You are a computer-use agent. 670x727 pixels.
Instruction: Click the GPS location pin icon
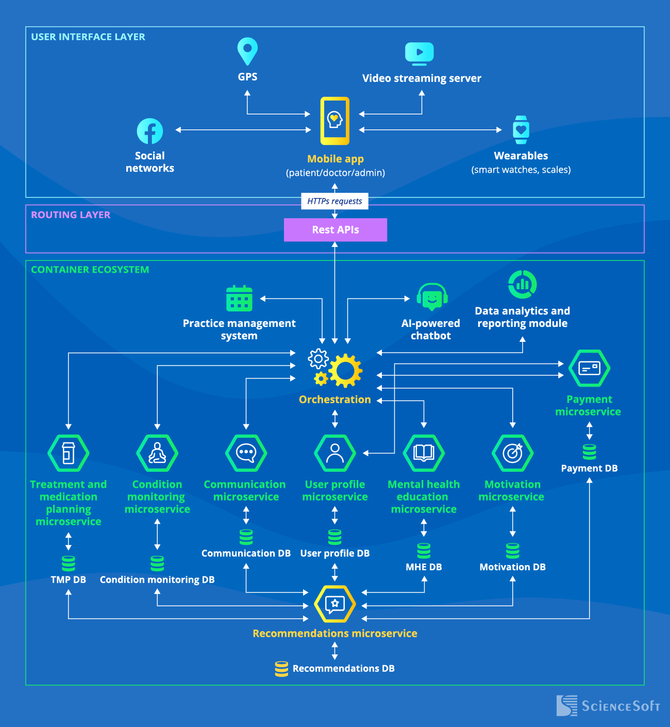click(247, 51)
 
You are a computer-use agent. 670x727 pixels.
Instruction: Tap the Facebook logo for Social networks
click(150, 131)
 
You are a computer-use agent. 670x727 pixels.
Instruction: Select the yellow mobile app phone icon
click(335, 121)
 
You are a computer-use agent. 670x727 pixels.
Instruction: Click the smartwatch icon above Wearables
click(521, 130)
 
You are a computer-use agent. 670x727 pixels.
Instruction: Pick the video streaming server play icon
click(419, 53)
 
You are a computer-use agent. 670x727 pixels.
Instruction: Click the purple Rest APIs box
click(335, 230)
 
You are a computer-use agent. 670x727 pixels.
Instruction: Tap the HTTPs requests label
click(334, 201)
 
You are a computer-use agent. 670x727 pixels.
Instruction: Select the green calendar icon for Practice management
click(239, 299)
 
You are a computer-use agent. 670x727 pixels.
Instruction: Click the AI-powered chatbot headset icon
click(432, 296)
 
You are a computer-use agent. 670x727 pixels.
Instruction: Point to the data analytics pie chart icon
click(522, 284)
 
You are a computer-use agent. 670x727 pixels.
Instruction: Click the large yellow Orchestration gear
click(345, 371)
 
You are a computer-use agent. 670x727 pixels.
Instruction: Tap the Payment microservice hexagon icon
click(589, 368)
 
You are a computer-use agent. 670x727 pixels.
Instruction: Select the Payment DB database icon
click(589, 452)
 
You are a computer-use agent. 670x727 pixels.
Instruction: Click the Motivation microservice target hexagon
click(512, 453)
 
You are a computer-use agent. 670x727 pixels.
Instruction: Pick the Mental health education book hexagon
click(424, 453)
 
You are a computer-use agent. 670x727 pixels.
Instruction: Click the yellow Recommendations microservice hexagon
click(335, 604)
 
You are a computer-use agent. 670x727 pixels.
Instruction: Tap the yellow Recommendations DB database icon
click(281, 669)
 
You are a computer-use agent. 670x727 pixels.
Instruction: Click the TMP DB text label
click(68, 580)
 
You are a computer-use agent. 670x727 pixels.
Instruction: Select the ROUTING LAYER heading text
click(71, 215)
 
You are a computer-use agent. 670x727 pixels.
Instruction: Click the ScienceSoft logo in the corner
click(608, 705)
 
